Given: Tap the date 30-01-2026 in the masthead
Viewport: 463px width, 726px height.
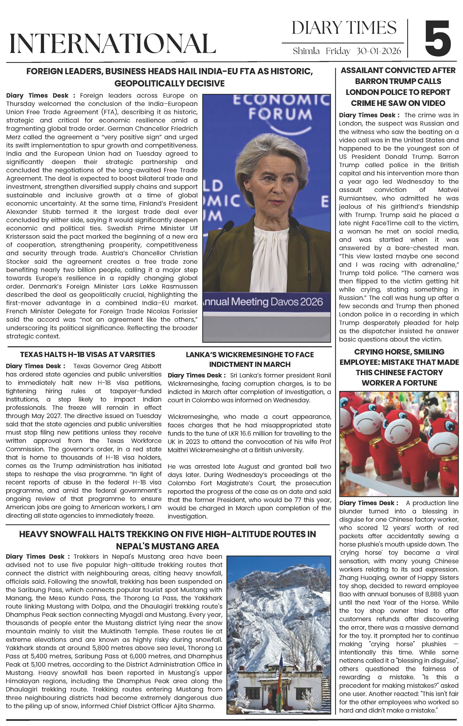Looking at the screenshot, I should click(x=379, y=51).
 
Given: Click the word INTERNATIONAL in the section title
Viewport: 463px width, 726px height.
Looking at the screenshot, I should click(x=113, y=43).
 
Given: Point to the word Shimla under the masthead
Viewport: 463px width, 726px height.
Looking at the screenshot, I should click(x=306, y=51).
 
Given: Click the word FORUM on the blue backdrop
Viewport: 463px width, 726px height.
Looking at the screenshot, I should click(x=280, y=115).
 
